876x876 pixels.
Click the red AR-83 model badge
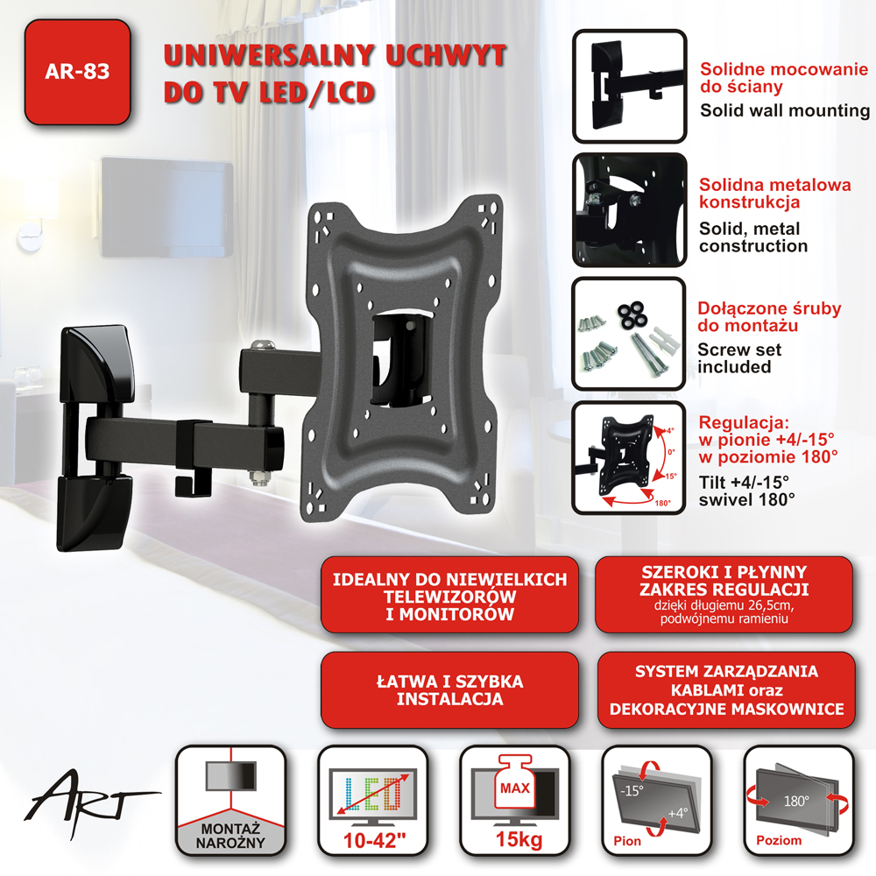(x=78, y=72)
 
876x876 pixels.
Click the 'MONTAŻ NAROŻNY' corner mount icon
(x=230, y=800)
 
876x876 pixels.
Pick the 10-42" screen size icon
(x=373, y=800)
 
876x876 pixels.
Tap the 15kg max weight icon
(x=515, y=800)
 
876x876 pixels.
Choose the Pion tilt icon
(x=657, y=800)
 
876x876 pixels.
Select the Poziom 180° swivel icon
(x=799, y=800)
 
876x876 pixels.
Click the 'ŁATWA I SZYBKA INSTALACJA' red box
(x=449, y=690)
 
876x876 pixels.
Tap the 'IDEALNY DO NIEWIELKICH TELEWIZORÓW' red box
(x=449, y=595)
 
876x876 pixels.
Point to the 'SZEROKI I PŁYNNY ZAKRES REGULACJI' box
(x=724, y=595)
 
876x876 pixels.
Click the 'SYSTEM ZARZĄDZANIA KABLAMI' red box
(x=726, y=690)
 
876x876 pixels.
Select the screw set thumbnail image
(x=629, y=334)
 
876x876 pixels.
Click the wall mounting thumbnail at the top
(x=630, y=86)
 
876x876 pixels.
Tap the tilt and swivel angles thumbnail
(x=629, y=457)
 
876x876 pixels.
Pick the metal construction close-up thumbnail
(x=630, y=210)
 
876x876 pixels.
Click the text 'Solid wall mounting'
(x=784, y=110)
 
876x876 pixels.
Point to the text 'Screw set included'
(x=739, y=358)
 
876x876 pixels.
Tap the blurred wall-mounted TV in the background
(x=166, y=207)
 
